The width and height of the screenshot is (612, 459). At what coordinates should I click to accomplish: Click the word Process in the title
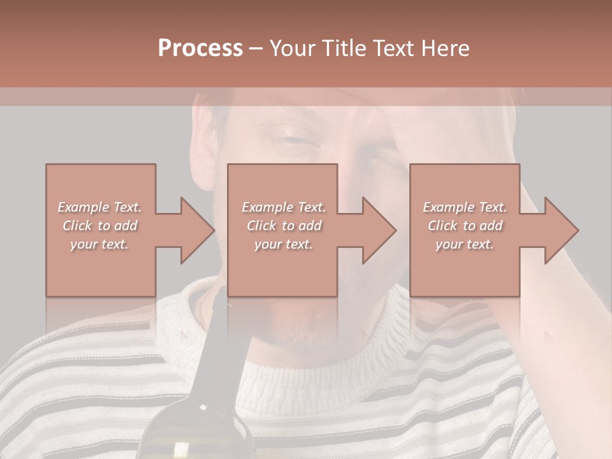(200, 48)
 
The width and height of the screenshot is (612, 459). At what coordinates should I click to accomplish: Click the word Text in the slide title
(392, 48)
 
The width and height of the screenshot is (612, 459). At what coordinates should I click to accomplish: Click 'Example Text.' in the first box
(99, 207)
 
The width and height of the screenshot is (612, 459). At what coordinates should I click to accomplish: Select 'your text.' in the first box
(99, 244)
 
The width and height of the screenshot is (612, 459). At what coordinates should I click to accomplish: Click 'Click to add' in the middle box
(283, 226)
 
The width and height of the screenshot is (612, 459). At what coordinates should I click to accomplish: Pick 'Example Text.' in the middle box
(283, 207)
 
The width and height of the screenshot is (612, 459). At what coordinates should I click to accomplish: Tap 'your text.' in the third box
(464, 244)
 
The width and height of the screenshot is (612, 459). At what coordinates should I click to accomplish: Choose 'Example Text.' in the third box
(464, 207)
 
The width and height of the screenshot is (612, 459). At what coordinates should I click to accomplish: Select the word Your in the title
(294, 48)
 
